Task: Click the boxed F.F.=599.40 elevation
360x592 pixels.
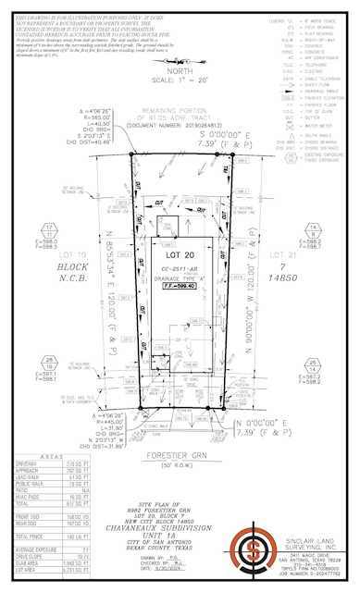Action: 181,287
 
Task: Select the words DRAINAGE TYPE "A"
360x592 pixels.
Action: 181,277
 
